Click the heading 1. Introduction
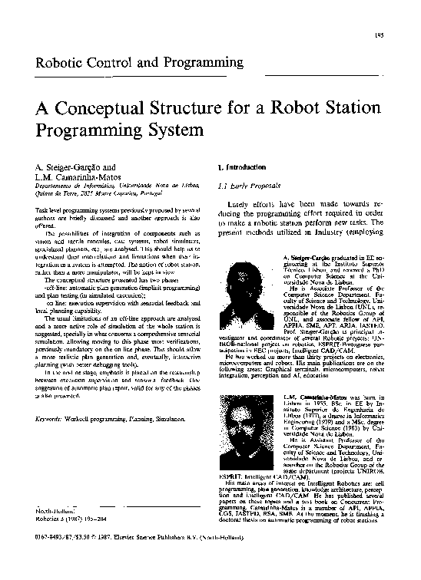[x=242, y=166]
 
